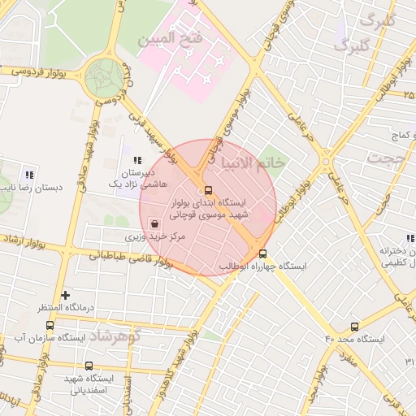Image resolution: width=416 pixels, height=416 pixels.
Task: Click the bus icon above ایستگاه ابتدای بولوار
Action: pyautogui.click(x=208, y=190)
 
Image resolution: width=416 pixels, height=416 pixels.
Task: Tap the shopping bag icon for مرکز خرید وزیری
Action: pyautogui.click(x=154, y=223)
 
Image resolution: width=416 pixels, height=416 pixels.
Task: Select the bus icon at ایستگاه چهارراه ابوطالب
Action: pyautogui.click(x=262, y=253)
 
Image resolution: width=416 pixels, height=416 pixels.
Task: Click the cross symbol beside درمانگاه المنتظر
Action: pyautogui.click(x=66, y=295)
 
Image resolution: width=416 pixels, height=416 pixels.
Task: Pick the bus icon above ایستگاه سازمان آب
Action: pyautogui.click(x=50, y=325)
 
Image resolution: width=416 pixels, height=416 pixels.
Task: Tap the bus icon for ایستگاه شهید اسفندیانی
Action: pyautogui.click(x=89, y=366)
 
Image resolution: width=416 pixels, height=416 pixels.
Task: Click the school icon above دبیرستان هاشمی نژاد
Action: pyautogui.click(x=137, y=160)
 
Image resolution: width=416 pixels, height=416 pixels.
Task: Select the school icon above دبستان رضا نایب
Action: pyautogui.click(x=30, y=174)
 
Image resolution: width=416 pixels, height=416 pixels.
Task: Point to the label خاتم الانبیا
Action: pyautogui.click(x=253, y=162)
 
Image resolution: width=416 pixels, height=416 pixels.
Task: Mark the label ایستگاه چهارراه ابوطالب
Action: pyautogui.click(x=262, y=266)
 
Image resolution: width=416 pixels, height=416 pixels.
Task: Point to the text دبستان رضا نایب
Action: pyautogui.click(x=34, y=187)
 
